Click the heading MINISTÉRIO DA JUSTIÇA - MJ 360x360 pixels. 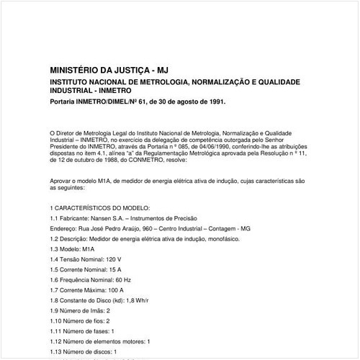pos(108,71)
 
